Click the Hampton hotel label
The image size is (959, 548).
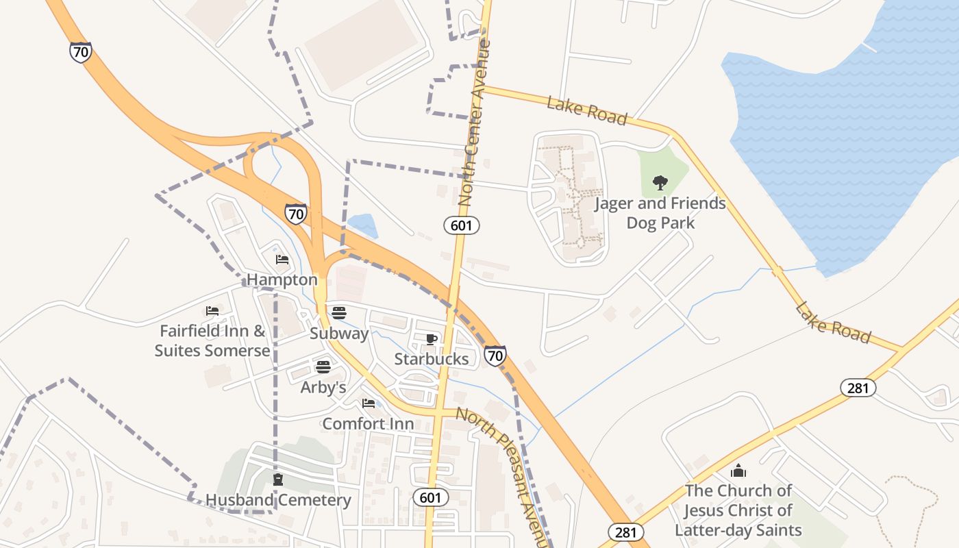[x=282, y=279]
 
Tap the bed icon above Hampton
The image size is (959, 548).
[x=282, y=260]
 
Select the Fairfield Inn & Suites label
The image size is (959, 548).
[x=212, y=340]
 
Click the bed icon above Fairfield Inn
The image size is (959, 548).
[x=212, y=311]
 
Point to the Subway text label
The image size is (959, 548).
[x=339, y=334]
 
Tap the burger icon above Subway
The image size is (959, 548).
[x=339, y=313]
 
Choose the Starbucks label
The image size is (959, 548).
[x=432, y=359]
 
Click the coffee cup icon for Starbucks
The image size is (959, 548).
[x=432, y=339]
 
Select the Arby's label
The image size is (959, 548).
[x=323, y=387]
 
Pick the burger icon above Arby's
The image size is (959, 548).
[x=323, y=367]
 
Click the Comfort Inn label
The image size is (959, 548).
[x=368, y=423]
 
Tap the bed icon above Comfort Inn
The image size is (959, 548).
[x=369, y=403]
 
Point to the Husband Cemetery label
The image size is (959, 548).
[x=278, y=500]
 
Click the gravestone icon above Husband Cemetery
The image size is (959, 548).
[x=278, y=480]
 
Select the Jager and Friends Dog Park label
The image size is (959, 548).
[x=660, y=213]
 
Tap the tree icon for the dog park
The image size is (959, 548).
[x=660, y=183]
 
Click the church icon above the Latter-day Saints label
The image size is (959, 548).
[x=738, y=471]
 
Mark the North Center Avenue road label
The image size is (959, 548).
[x=475, y=123]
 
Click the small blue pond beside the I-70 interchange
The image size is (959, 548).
[x=363, y=225]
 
